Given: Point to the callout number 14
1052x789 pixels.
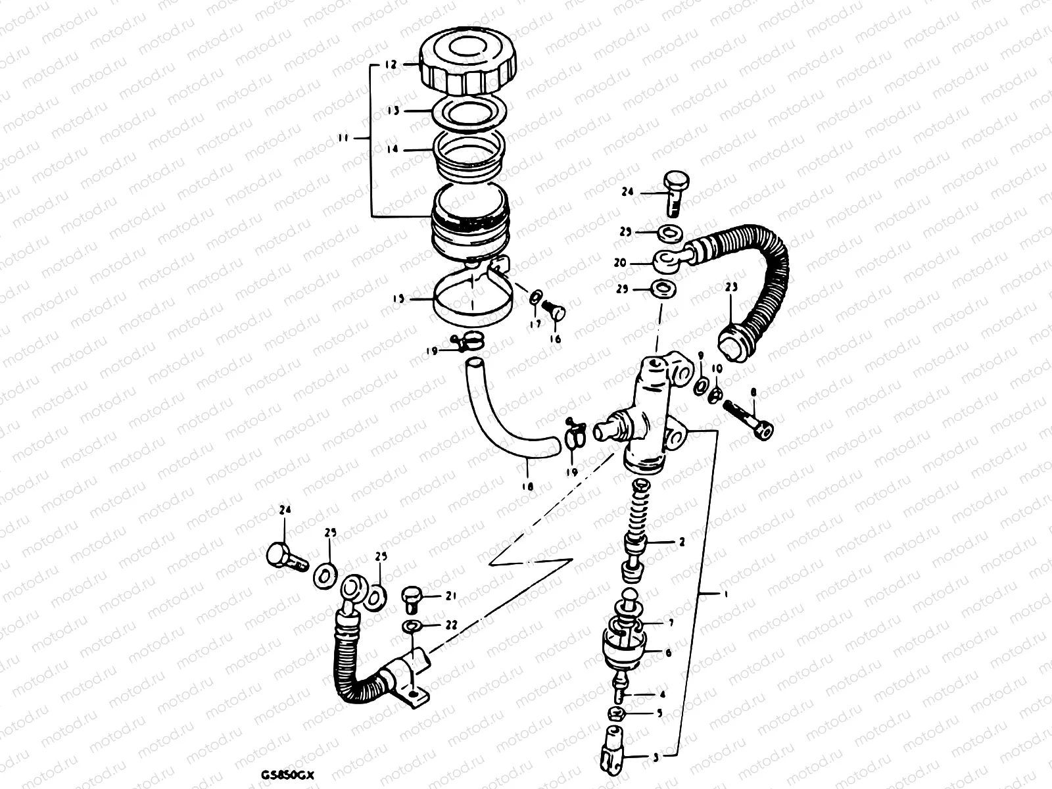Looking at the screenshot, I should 393,150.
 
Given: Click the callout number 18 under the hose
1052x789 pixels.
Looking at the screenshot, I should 527,487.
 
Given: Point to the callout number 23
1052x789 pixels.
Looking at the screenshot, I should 732,287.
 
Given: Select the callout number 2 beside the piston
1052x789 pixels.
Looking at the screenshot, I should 682,542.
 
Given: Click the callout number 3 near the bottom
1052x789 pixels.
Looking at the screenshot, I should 655,757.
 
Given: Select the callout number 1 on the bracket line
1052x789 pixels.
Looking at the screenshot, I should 725,594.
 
